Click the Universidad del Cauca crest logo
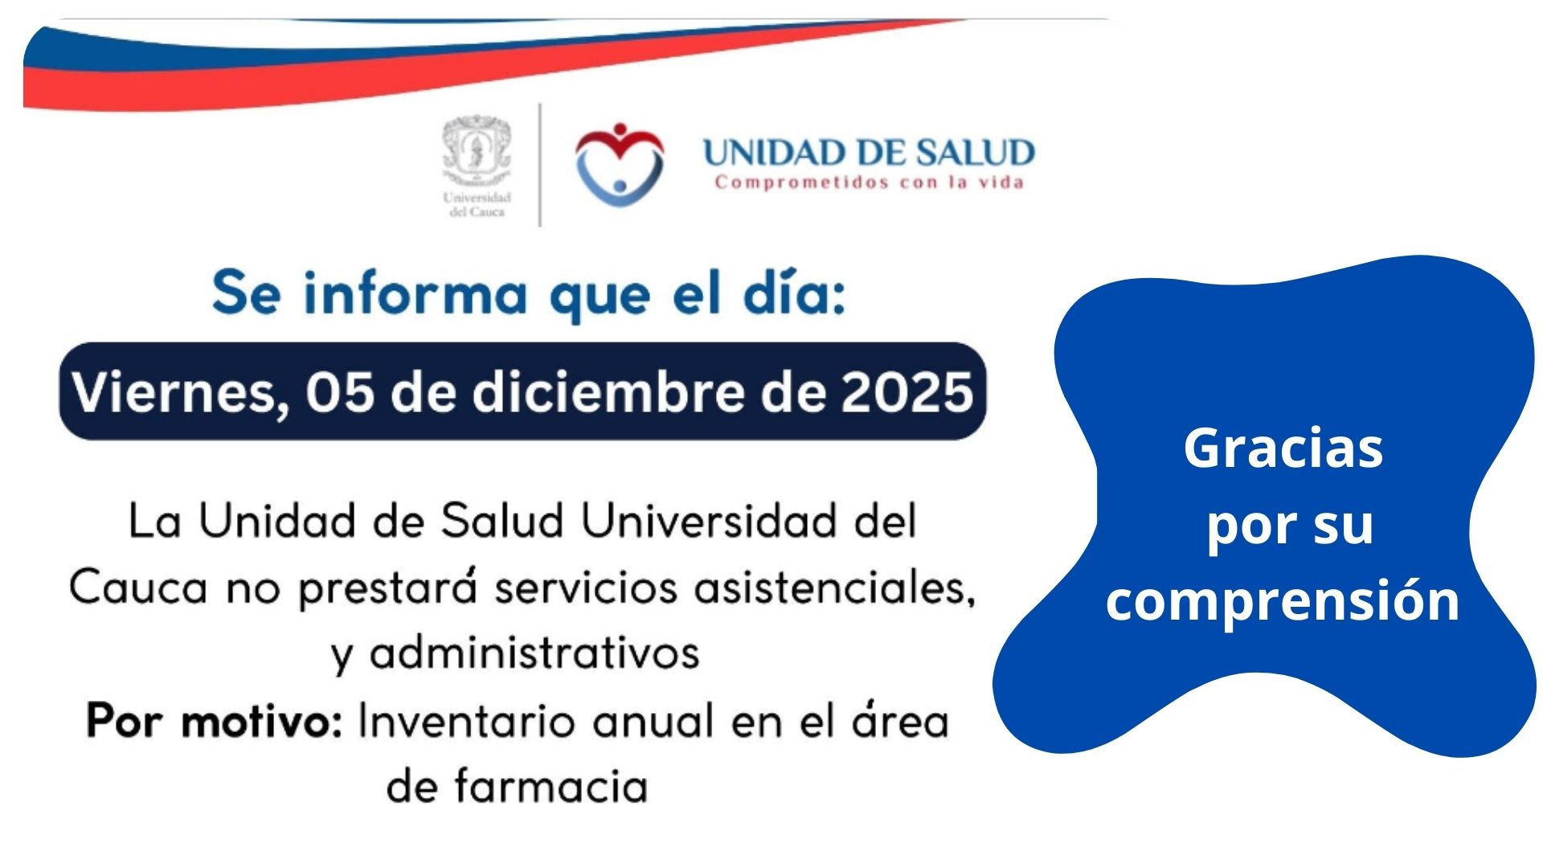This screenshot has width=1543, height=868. (x=477, y=167)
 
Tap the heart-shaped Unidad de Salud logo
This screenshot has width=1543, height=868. (x=620, y=163)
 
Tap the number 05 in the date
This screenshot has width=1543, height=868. (x=340, y=392)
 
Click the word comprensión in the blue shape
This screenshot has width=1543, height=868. (x=1283, y=600)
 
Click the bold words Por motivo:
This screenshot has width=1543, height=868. (x=215, y=720)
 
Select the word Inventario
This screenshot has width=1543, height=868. (x=467, y=720)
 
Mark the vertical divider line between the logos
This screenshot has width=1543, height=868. (x=539, y=165)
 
